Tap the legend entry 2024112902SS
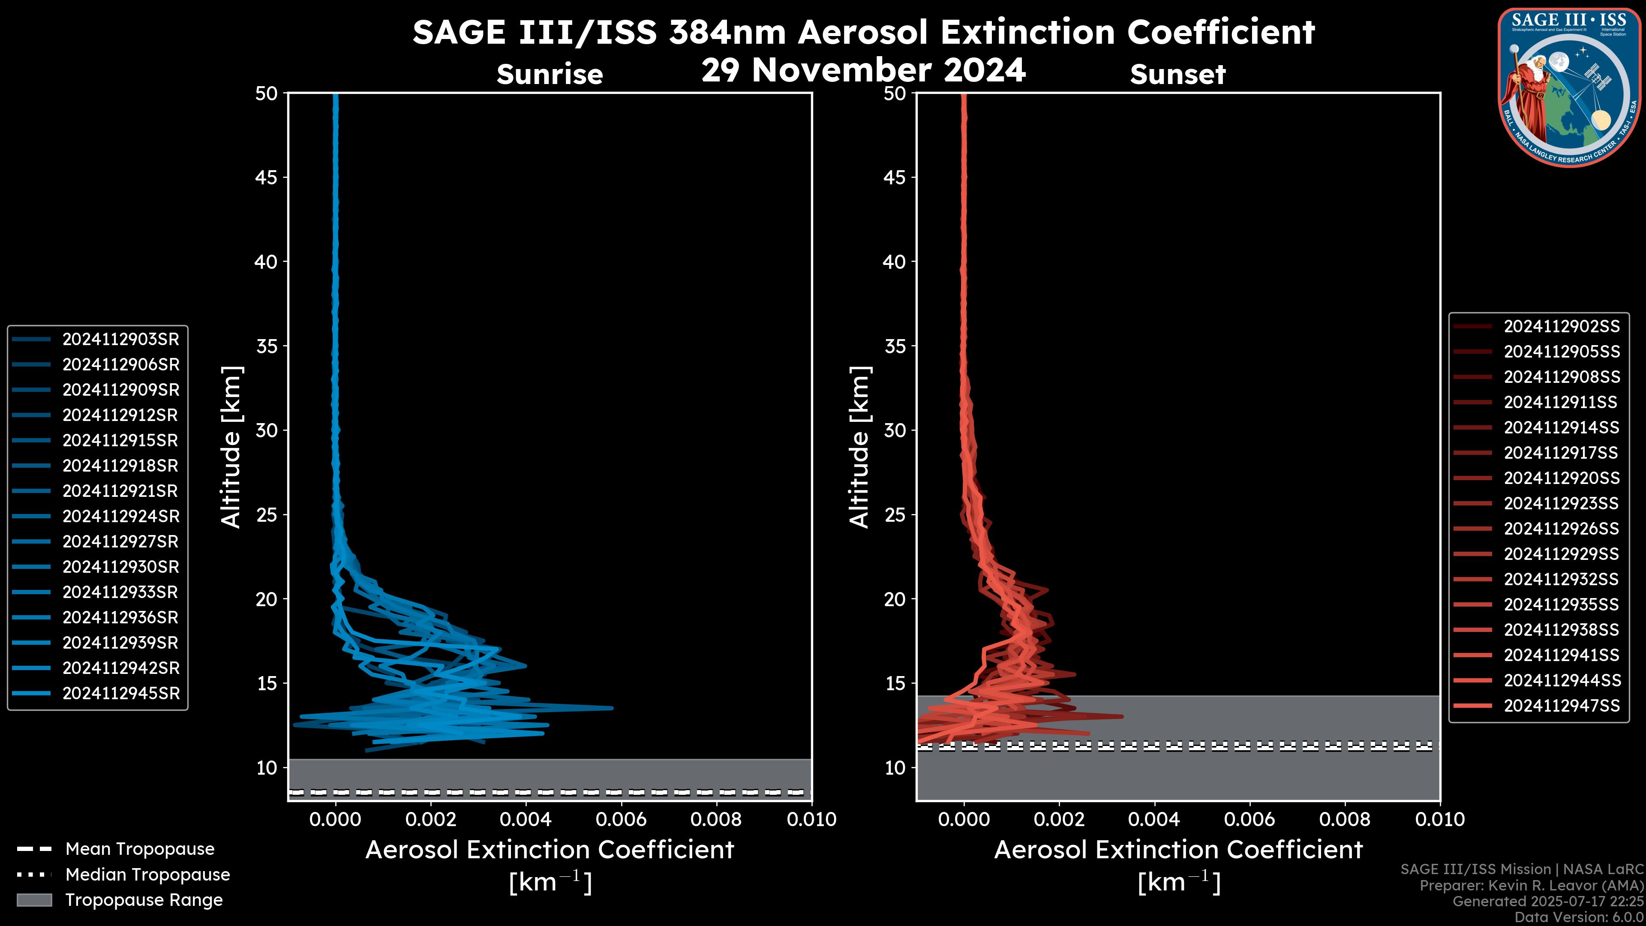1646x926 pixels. (x=1562, y=327)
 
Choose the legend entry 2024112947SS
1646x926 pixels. (x=1562, y=706)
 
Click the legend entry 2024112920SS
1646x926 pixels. (x=1562, y=478)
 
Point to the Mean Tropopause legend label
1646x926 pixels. (x=140, y=849)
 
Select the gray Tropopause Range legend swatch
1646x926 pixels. (x=34, y=900)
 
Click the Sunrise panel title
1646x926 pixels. (x=550, y=75)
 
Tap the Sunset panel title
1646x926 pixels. (x=1177, y=75)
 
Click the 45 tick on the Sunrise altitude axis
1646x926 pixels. (x=267, y=177)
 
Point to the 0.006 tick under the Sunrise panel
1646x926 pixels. (x=620, y=819)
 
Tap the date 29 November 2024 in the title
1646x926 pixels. (x=863, y=70)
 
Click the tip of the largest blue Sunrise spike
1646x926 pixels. (x=612, y=707)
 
